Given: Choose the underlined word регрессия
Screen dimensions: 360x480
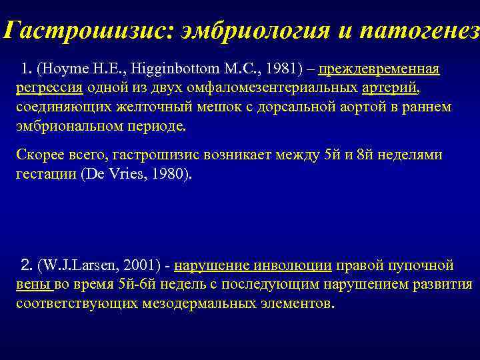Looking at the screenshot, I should click(x=49, y=89).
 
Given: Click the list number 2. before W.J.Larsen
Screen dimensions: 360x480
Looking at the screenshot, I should click(x=27, y=266).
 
